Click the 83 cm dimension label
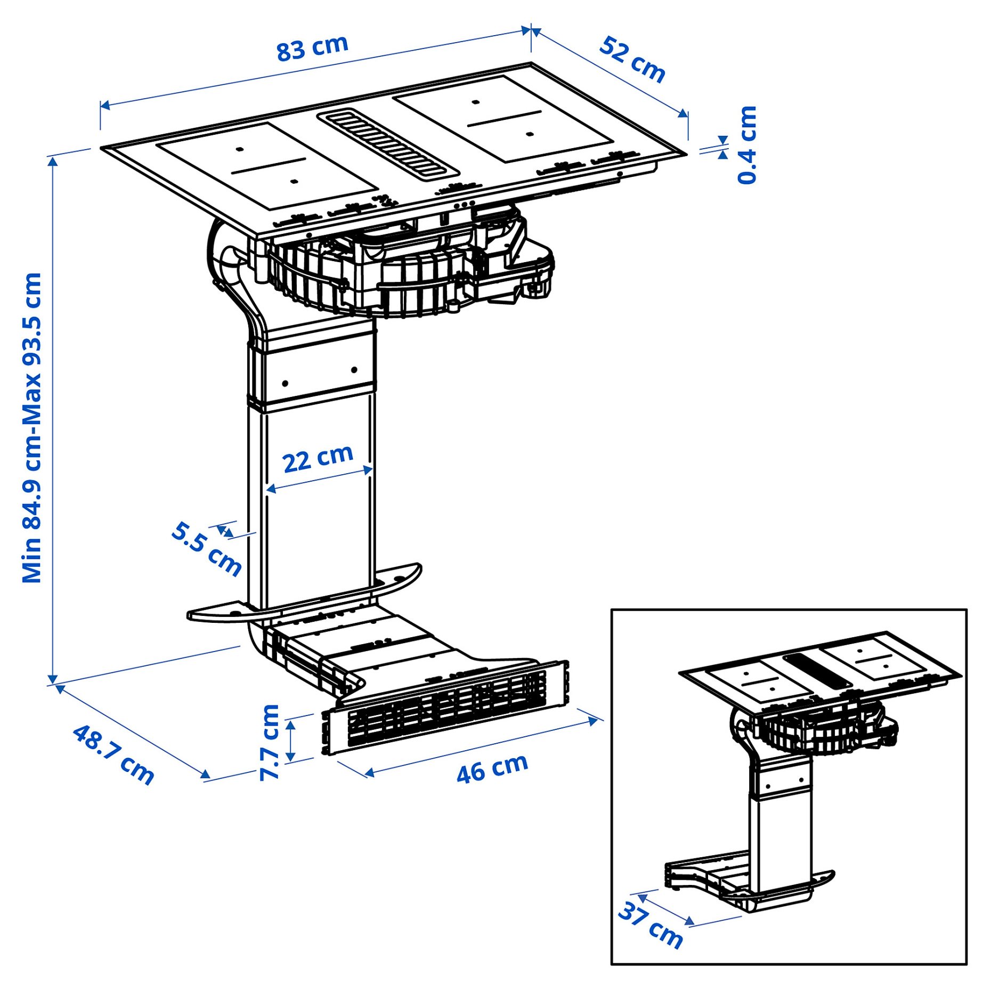pyautogui.click(x=312, y=48)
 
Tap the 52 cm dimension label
pyautogui.click(x=632, y=60)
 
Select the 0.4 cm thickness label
pyautogui.click(x=747, y=145)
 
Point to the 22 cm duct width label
pyautogui.click(x=318, y=458)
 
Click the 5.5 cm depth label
pyautogui.click(x=207, y=549)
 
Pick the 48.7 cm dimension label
pyautogui.click(x=113, y=754)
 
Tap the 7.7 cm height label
pyautogui.click(x=270, y=743)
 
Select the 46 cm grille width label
pyautogui.click(x=492, y=768)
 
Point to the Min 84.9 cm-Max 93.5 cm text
pyautogui.click(x=32, y=427)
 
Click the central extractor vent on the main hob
pyautogui.click(x=388, y=143)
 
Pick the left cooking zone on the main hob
pyautogui.click(x=266, y=165)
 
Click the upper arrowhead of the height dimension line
pyautogui.click(x=53, y=160)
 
